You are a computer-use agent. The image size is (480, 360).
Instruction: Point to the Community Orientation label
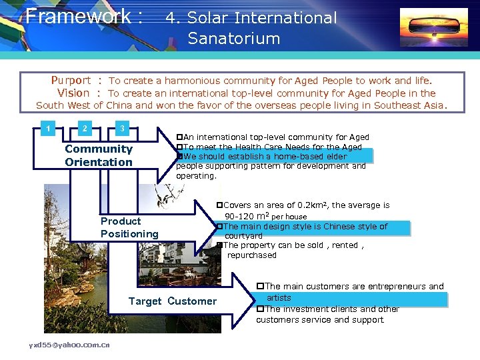99,155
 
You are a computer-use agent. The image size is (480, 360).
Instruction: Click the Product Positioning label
129,227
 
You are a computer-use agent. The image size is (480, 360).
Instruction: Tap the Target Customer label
173,301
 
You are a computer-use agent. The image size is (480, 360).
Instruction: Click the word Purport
71,81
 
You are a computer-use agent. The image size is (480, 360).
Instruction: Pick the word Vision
73,93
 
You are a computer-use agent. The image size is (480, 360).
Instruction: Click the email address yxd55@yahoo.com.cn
69,345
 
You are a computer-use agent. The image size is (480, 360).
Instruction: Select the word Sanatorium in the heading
234,39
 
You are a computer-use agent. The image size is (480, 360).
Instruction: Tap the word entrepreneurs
388,287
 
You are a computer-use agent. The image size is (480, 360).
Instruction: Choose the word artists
279,297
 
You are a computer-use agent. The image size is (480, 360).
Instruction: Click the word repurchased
251,255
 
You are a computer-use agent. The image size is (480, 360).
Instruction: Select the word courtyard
243,236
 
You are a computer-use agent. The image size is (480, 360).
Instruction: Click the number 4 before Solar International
171,18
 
